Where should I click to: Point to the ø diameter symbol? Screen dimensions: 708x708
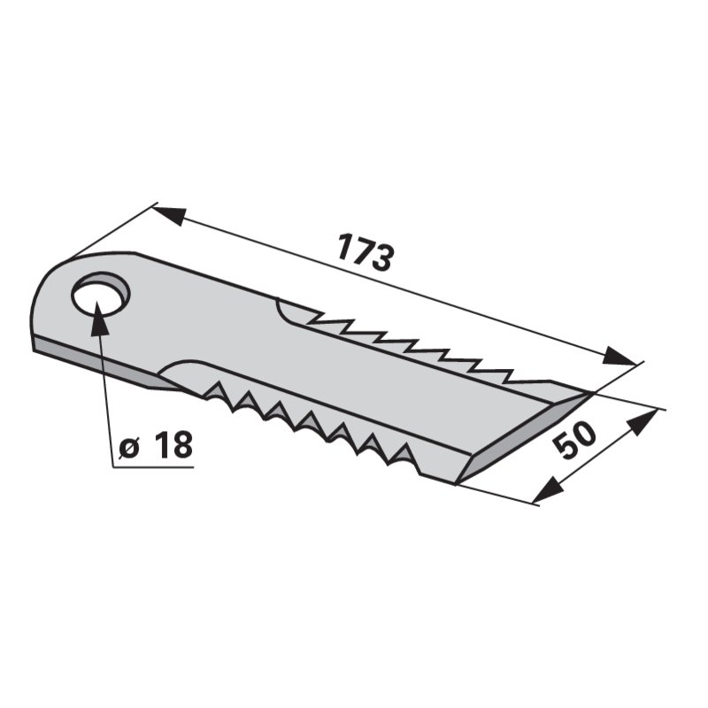[129, 448]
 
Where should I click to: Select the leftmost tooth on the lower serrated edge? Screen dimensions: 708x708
[212, 389]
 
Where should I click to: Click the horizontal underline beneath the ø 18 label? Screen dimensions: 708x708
[156, 466]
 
